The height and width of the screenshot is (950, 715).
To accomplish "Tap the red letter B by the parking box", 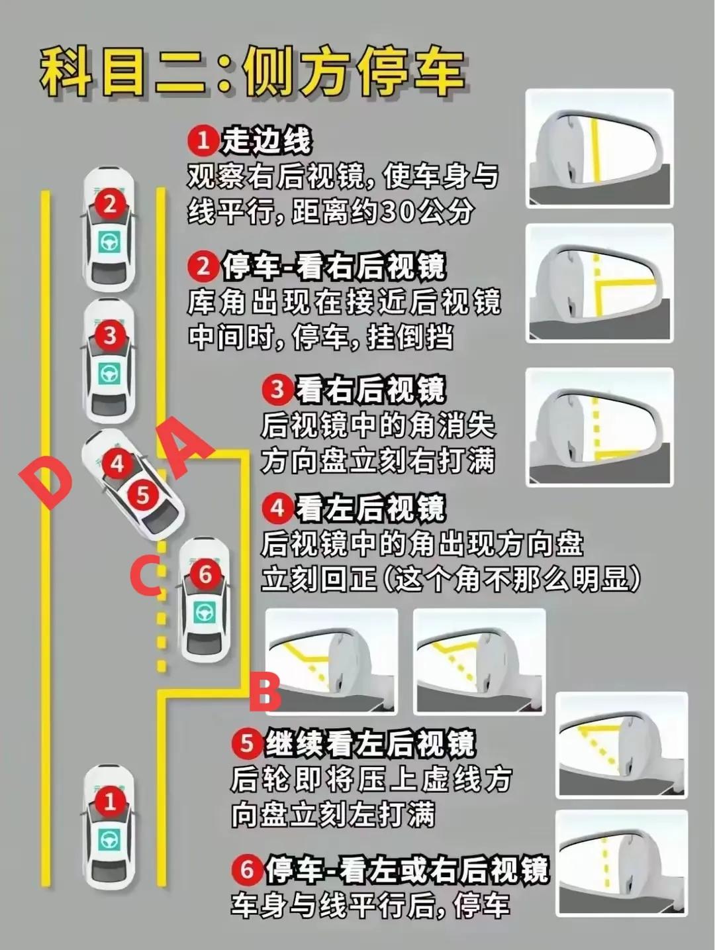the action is (265, 690).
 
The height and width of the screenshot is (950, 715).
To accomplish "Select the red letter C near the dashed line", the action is (146, 575).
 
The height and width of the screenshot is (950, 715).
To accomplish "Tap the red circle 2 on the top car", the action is (110, 203).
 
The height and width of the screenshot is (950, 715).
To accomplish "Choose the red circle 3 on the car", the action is (110, 335).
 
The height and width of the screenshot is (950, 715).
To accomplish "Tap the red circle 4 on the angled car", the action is (117, 464).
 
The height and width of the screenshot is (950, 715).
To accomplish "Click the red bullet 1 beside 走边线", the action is (203, 140).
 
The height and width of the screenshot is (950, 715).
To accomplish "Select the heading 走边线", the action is (265, 140).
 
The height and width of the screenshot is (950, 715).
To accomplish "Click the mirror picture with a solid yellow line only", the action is (600, 148).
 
